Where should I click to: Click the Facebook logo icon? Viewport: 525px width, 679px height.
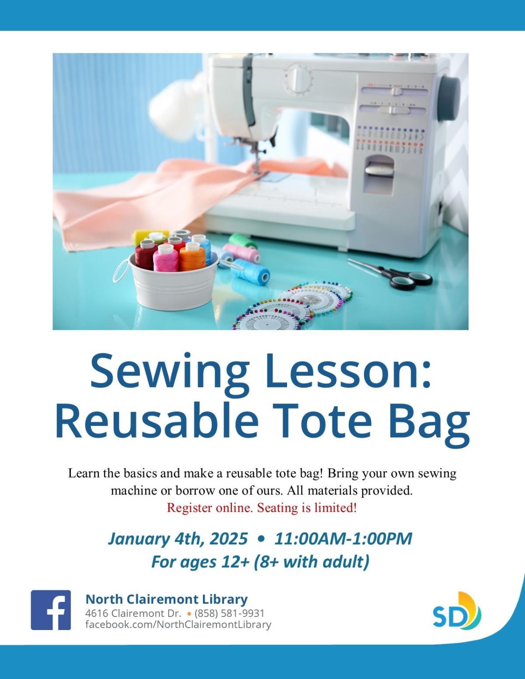[x=51, y=609]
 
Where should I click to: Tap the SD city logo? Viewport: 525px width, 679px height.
[x=457, y=610]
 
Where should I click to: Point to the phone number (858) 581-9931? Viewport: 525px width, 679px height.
[x=230, y=613]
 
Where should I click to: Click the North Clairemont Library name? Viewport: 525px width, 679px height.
[x=167, y=599]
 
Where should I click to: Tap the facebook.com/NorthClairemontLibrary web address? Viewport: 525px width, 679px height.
[x=178, y=624]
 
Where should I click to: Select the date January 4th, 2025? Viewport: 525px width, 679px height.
[x=178, y=538]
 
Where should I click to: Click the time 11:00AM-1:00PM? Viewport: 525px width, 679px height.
[x=343, y=538]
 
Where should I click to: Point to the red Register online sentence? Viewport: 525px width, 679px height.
[x=262, y=508]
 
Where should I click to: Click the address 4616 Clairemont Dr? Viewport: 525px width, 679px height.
[x=133, y=613]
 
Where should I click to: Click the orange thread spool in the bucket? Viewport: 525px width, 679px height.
[x=192, y=257]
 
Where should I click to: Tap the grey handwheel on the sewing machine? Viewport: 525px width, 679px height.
[x=449, y=97]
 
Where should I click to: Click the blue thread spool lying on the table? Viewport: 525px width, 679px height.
[x=250, y=271]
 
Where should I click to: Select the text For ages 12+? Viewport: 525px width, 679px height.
[x=200, y=562]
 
